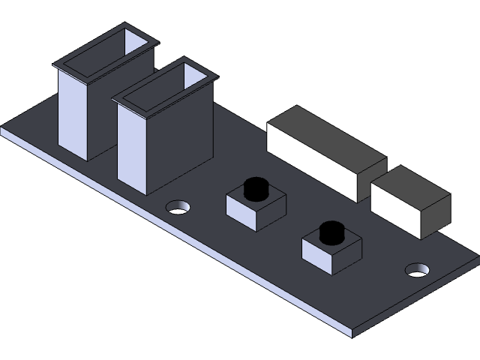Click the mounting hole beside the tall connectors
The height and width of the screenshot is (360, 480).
coord(178,206)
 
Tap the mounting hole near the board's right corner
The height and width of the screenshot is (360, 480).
coord(417,268)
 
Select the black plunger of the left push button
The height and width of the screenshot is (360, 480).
coord(256,188)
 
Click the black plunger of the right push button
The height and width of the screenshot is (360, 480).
coord(331,232)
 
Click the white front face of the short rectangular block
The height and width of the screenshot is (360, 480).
coord(394,210)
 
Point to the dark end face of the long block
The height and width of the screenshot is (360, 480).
coord(372,180)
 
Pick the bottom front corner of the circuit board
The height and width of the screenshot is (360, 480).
coord(352,330)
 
